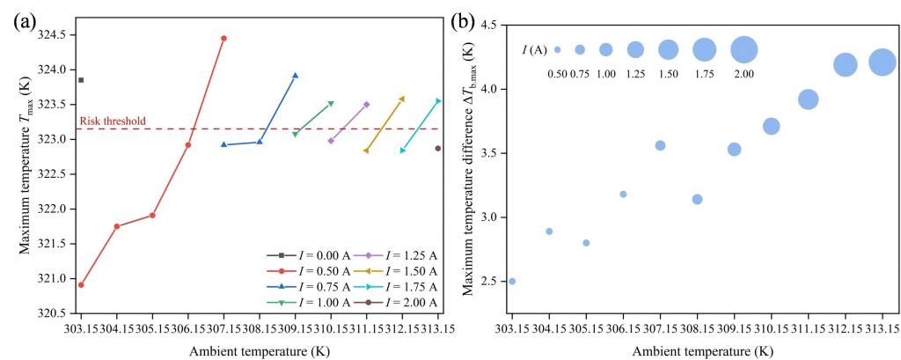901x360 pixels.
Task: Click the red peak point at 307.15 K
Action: coord(223,38)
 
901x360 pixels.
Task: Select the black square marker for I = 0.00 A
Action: coord(81,80)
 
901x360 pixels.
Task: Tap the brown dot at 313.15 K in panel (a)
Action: coord(437,148)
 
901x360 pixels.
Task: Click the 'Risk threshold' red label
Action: coord(113,121)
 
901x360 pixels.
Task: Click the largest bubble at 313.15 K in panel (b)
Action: coord(882,62)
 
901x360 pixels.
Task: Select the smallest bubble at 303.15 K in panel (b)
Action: coord(512,281)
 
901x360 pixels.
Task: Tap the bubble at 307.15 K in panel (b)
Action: coord(660,145)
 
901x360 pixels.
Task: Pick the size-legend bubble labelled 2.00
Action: coord(744,49)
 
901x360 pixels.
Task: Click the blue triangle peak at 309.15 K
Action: coord(295,76)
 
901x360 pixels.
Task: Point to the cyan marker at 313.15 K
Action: coord(438,100)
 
